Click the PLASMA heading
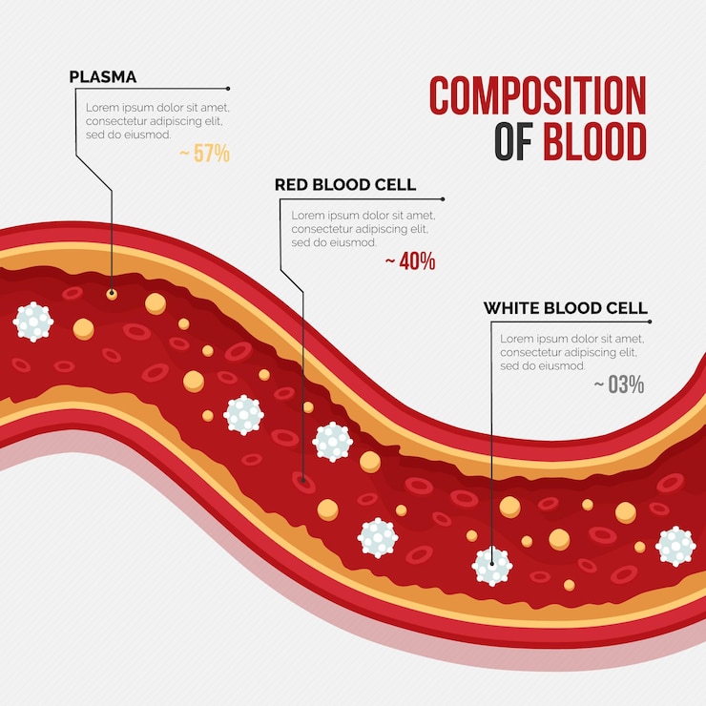103,77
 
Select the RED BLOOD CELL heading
345,184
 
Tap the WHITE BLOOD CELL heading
566,308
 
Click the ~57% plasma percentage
205,153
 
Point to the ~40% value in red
410,261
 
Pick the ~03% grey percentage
619,384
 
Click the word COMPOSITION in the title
537,95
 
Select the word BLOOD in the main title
594,141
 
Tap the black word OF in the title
513,141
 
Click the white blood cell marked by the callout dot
492,566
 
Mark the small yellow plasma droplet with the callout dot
112,295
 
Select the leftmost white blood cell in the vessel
33,322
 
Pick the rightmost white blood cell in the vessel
675,546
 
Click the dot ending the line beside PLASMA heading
228,89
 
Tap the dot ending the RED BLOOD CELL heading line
443,199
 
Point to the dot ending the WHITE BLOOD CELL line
650,322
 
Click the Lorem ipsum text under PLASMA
157,121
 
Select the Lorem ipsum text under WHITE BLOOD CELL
571,352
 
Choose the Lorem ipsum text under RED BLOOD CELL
363,229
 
